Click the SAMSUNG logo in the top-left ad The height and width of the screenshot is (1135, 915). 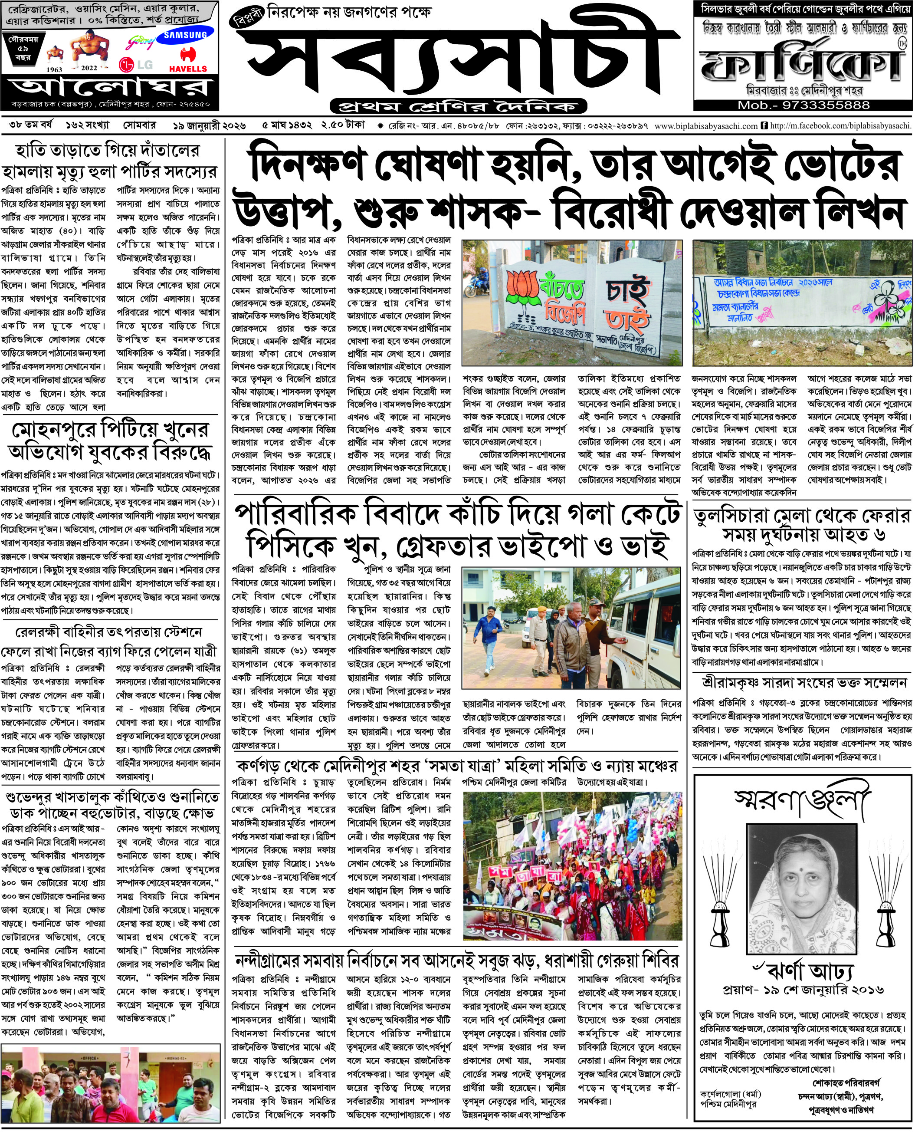185,35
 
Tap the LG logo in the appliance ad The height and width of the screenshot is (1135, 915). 137,65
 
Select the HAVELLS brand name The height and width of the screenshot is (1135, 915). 188,69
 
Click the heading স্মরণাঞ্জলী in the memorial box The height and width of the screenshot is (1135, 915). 802,803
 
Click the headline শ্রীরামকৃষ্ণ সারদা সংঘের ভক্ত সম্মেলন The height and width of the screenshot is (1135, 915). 802,682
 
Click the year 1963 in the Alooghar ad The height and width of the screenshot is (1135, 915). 54,69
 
